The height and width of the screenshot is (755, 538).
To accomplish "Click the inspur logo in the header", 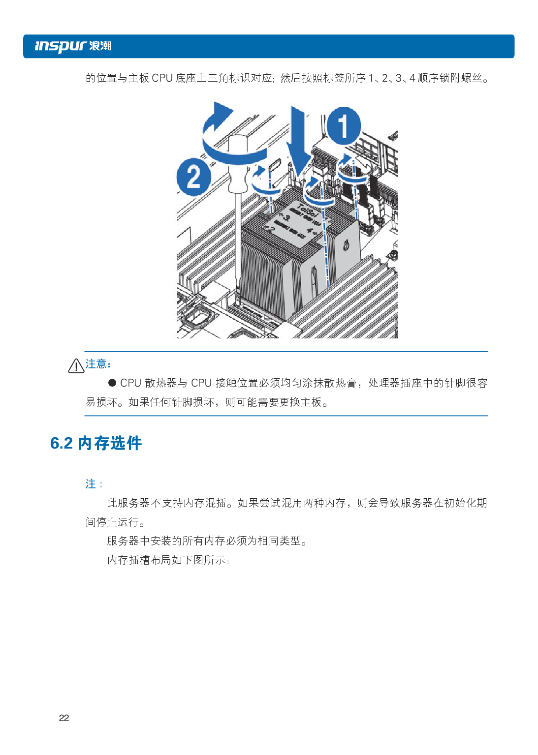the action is pos(73,46).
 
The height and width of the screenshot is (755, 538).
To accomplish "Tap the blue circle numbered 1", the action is pos(344,126).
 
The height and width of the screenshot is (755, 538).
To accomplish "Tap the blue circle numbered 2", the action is pos(193,177).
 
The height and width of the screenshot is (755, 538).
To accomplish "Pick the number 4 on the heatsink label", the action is pos(309,231).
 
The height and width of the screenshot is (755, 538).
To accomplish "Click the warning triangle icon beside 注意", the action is pos(76,366).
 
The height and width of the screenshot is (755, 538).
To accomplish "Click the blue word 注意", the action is pos(96,364).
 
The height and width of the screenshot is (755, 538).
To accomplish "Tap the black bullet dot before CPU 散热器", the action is pos(112,383).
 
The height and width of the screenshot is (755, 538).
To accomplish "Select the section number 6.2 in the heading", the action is pos(62,443).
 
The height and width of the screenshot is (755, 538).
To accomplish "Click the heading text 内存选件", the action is pos(110,443).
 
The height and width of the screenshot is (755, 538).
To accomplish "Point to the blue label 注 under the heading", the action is pos(91,484).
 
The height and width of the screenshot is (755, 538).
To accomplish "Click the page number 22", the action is pos(64,718).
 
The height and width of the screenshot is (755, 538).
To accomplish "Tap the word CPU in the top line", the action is pos(162,78).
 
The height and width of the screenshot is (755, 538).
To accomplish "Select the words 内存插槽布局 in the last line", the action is pos(139,560).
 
